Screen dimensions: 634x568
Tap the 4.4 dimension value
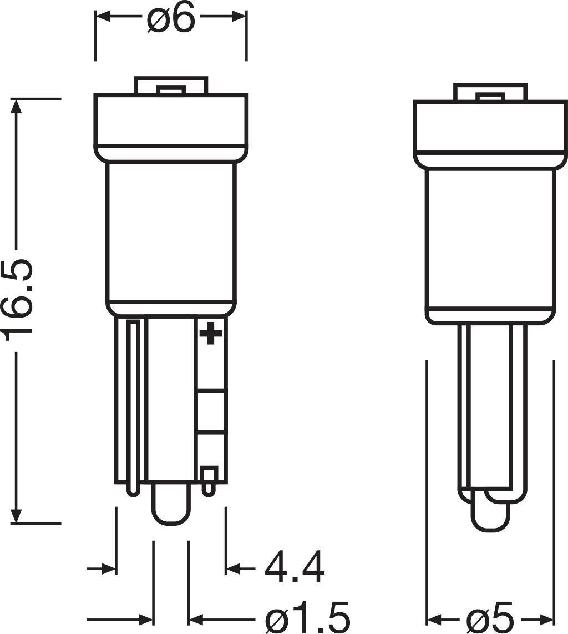click(293, 568)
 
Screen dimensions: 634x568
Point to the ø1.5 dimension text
click(308, 616)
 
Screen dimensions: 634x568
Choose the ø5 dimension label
click(490, 618)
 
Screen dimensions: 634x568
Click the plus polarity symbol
click(210, 334)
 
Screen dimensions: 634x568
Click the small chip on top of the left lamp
click(170, 89)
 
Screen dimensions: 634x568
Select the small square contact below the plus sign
click(209, 475)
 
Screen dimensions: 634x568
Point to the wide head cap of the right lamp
click(490, 128)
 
